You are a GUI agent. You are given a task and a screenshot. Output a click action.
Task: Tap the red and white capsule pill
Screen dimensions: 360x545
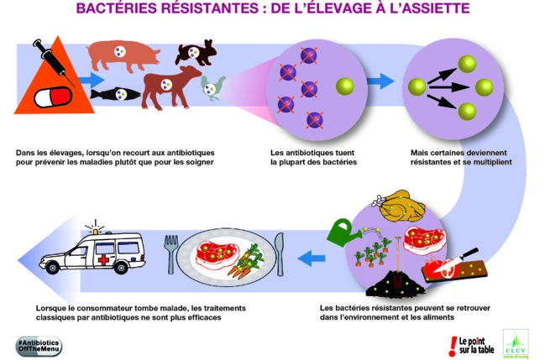(53, 98)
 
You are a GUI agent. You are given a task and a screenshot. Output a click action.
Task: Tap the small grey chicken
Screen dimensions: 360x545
(212, 88)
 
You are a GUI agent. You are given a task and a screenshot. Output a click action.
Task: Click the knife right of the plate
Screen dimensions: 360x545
(280, 256)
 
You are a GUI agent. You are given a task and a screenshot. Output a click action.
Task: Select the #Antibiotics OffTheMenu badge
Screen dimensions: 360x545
(39, 345)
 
